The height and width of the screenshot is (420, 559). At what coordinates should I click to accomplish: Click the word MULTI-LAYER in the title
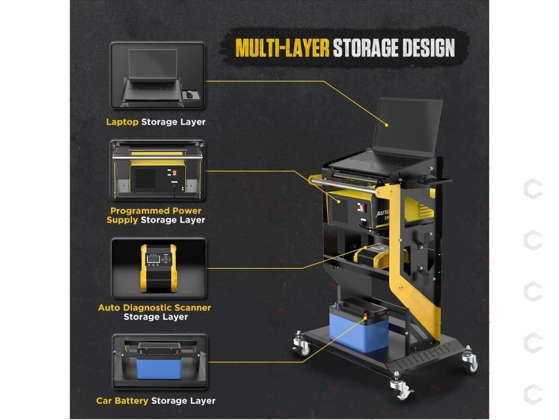click(x=282, y=48)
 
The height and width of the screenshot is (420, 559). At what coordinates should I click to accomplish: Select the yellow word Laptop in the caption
click(x=122, y=122)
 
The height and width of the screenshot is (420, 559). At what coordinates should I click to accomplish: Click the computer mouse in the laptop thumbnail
click(x=189, y=94)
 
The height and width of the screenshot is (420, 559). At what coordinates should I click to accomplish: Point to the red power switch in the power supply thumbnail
click(x=174, y=173)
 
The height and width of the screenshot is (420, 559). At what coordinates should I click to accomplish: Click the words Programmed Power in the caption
click(x=156, y=211)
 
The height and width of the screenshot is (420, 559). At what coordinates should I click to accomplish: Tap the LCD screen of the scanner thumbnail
click(x=153, y=259)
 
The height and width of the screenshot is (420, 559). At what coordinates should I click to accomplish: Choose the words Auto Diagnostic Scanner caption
click(x=154, y=307)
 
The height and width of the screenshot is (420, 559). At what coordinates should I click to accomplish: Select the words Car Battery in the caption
click(x=122, y=401)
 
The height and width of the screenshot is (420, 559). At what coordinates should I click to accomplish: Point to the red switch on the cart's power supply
click(x=362, y=207)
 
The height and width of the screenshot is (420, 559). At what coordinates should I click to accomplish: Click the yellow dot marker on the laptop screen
click(x=386, y=125)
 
